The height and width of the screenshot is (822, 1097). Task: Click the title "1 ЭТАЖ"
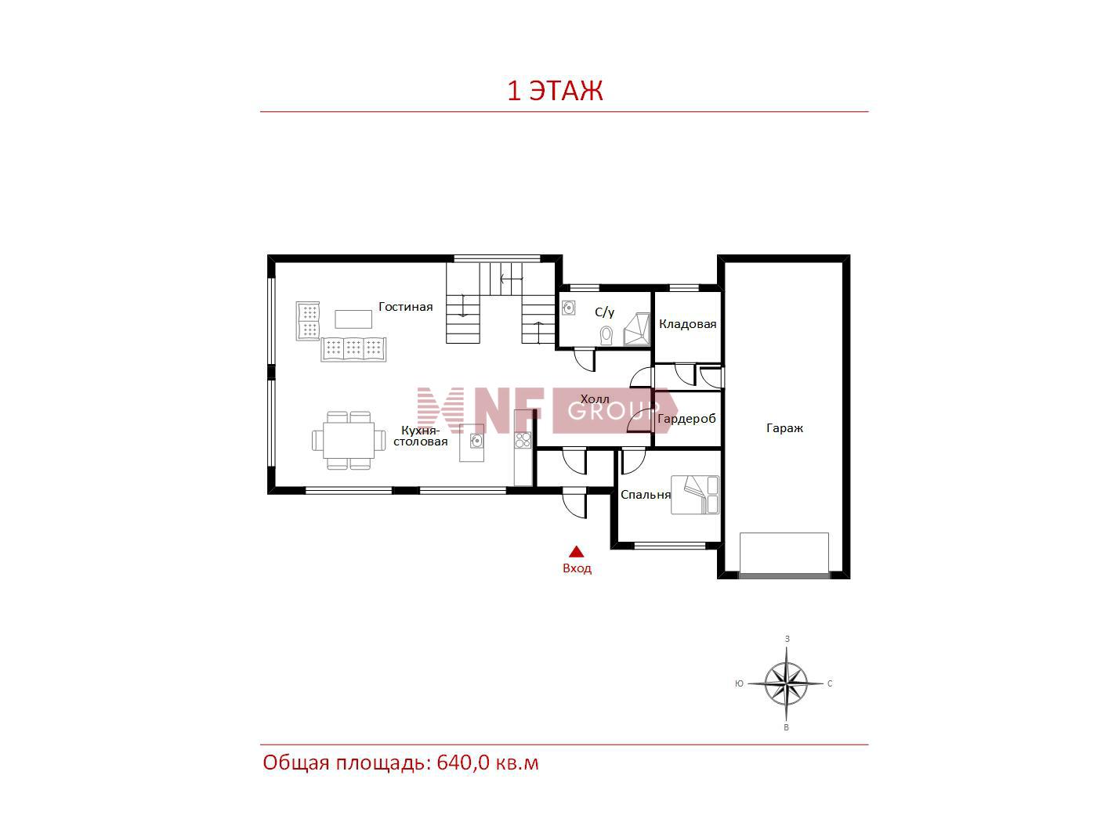pyautogui.click(x=555, y=91)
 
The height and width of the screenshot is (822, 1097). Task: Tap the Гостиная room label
pyautogui.click(x=405, y=306)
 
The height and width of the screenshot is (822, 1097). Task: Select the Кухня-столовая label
pyautogui.click(x=420, y=436)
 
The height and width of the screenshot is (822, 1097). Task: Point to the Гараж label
pyautogui.click(x=784, y=427)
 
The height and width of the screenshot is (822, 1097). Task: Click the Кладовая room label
pyautogui.click(x=687, y=324)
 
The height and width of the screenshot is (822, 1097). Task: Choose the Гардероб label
pyautogui.click(x=686, y=418)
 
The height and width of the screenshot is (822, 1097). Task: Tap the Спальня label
pyautogui.click(x=645, y=494)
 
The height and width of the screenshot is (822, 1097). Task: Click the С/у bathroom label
pyautogui.click(x=604, y=312)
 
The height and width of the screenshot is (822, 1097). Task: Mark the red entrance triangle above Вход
pyautogui.click(x=577, y=551)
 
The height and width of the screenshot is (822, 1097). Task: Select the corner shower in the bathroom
pyautogui.click(x=637, y=329)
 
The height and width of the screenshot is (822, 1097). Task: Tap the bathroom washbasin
pyautogui.click(x=569, y=308)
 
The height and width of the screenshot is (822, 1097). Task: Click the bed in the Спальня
pyautogui.click(x=695, y=495)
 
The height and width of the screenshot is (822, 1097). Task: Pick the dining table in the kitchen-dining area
pyautogui.click(x=349, y=440)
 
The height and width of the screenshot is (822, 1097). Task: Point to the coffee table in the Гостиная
pyautogui.click(x=353, y=319)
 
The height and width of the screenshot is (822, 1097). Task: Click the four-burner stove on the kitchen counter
pyautogui.click(x=523, y=440)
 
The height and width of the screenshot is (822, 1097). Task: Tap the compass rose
pyautogui.click(x=786, y=683)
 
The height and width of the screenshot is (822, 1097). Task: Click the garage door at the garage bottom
pyautogui.click(x=784, y=575)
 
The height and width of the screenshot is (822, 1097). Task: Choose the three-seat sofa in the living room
pyautogui.click(x=354, y=349)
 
